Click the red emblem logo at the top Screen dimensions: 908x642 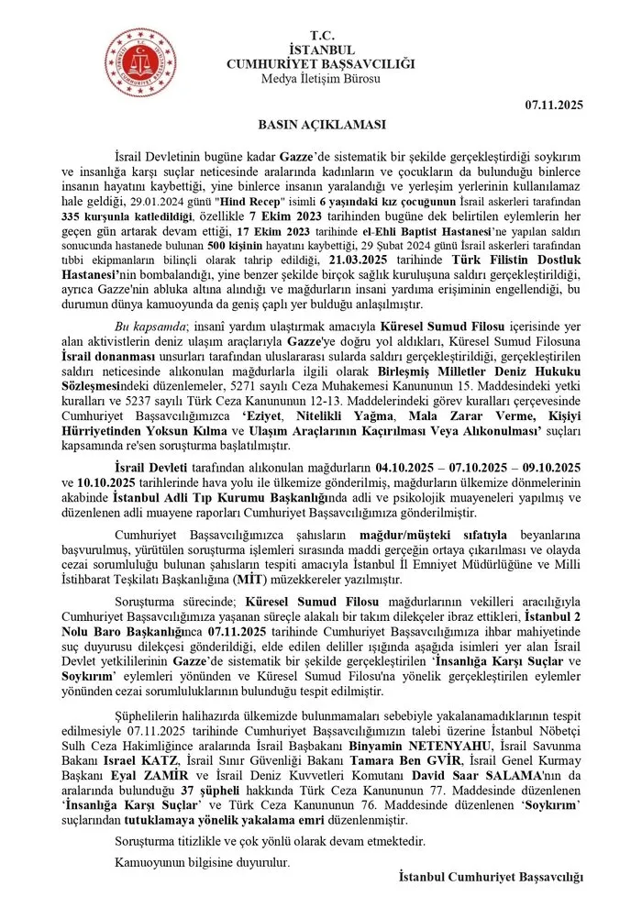136,57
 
